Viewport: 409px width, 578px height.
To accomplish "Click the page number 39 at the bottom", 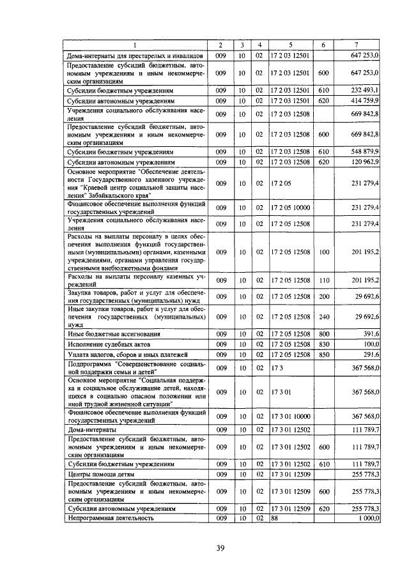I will (x=220, y=548).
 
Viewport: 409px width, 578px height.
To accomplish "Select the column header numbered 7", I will (x=356, y=45).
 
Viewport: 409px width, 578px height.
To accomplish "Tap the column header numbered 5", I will (x=290, y=45).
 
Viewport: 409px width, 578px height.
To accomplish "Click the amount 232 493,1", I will (x=365, y=91).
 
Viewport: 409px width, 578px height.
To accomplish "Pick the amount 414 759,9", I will (x=365, y=100).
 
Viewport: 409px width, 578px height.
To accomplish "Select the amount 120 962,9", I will (x=365, y=162).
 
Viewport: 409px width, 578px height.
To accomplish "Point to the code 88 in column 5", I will (x=275, y=519).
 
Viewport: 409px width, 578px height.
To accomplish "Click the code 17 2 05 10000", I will (x=291, y=208).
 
